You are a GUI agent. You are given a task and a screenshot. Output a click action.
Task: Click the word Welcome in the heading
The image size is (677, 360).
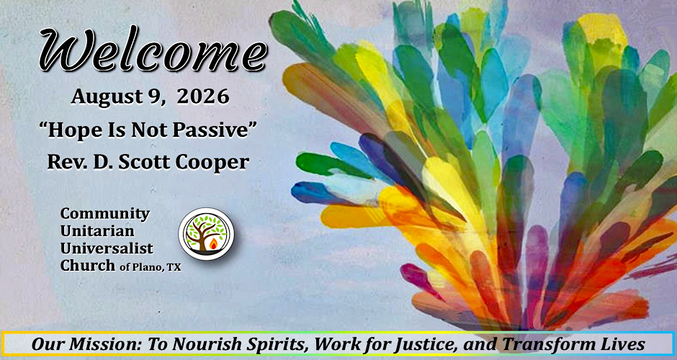tap(153, 51)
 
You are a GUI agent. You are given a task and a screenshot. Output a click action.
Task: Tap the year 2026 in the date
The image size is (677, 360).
tap(203, 96)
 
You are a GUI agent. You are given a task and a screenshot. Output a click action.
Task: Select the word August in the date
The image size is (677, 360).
tap(107, 97)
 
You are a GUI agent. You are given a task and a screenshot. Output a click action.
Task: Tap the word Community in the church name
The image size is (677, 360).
tap(105, 214)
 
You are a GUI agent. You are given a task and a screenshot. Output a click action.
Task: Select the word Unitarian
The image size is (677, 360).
tap(97, 231)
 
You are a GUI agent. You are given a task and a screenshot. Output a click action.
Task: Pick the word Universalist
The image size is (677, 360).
tap(107, 248)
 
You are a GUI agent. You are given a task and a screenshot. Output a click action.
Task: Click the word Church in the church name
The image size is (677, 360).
tap(88, 265)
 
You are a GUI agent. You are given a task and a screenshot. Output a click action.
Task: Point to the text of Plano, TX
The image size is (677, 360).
tap(151, 268)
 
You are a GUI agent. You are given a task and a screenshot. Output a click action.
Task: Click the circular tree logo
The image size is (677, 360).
tap(207, 234)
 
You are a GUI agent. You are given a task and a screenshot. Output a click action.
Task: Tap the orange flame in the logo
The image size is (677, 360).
tap(213, 245)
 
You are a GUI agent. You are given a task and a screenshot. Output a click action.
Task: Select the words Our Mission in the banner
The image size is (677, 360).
tap(87, 345)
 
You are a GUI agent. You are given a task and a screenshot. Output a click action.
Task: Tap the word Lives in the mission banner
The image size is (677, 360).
tap(624, 345)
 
